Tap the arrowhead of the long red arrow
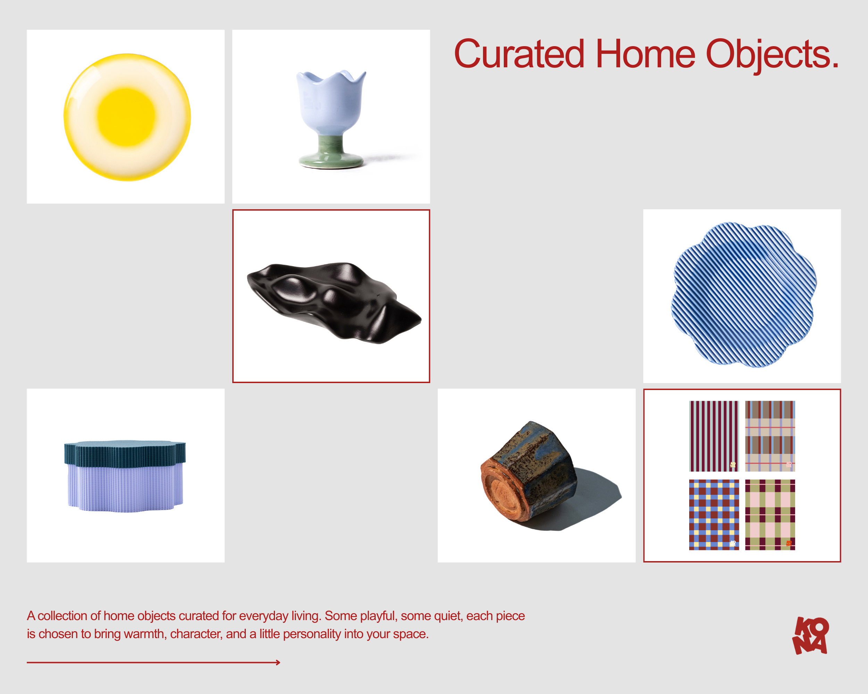[278, 662]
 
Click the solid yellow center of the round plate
[126, 117]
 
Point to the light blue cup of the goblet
[331, 103]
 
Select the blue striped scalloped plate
[743, 295]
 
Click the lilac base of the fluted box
[125, 489]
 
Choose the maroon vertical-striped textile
[714, 436]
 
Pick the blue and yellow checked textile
[714, 515]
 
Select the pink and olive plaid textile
[770, 515]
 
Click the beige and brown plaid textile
[770, 436]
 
